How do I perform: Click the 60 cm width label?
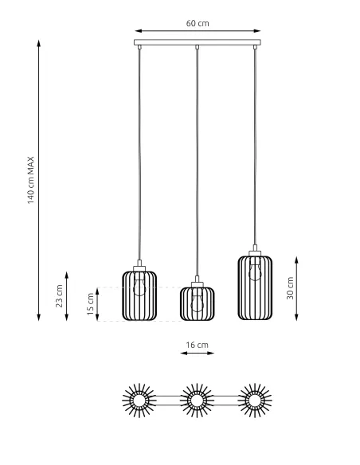(x=198, y=22)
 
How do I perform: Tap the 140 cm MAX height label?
(x=31, y=178)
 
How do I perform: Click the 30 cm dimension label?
(x=290, y=287)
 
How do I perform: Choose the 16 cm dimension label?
(x=197, y=345)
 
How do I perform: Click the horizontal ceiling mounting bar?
(x=198, y=43)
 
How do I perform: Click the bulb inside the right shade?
(x=255, y=271)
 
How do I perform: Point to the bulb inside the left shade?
(x=139, y=285)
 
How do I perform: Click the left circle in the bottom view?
(x=139, y=400)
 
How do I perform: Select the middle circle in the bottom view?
(x=197, y=400)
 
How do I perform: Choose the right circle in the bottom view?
(x=255, y=400)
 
